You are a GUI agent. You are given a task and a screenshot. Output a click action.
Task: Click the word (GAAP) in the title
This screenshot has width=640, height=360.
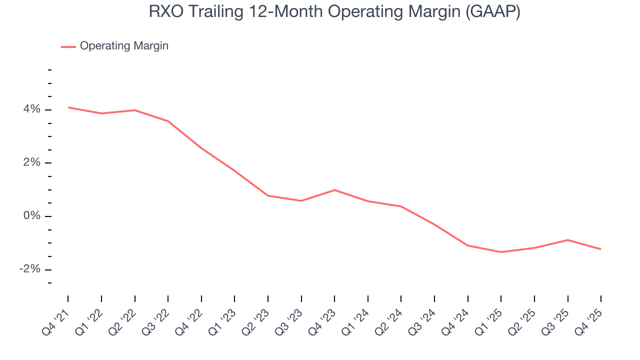(492, 12)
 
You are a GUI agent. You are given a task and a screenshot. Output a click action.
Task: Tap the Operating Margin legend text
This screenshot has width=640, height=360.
(124, 46)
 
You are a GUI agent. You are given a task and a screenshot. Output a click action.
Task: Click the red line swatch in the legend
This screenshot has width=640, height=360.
(68, 46)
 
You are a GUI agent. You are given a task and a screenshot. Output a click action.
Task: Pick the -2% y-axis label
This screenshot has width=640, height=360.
(29, 269)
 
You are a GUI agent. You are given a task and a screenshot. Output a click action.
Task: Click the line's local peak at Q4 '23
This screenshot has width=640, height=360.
(334, 190)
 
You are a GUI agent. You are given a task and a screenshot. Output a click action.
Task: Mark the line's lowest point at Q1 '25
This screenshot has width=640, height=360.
(501, 252)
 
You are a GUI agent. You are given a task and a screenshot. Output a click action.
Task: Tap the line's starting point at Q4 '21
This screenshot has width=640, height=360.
(68, 107)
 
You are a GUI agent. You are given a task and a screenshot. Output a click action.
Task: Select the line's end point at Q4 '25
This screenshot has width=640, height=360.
(600, 249)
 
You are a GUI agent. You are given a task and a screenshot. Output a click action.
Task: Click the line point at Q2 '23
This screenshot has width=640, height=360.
(268, 195)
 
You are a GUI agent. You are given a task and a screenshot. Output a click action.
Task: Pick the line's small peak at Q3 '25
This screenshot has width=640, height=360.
(567, 240)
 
